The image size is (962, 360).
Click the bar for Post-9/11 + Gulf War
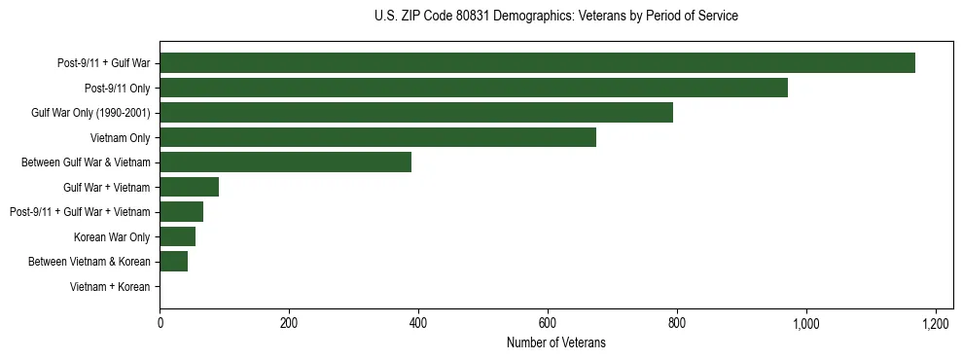(x=537, y=63)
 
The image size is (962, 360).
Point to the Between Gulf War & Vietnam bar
(x=285, y=162)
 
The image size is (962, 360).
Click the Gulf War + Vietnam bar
(x=189, y=187)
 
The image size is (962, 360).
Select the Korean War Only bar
(x=177, y=236)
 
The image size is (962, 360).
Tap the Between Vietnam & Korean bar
(x=173, y=262)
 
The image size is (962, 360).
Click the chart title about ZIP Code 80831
(x=555, y=17)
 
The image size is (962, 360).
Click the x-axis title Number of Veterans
(x=555, y=342)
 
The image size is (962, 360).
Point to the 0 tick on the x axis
(x=160, y=323)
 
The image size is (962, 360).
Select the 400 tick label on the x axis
(x=418, y=323)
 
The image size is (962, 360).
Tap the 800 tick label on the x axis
(x=677, y=323)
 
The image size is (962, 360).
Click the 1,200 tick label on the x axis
(x=936, y=323)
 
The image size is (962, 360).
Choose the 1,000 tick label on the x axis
(x=806, y=323)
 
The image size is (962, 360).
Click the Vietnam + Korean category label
(x=110, y=287)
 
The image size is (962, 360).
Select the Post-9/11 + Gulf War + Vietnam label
(x=80, y=212)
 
